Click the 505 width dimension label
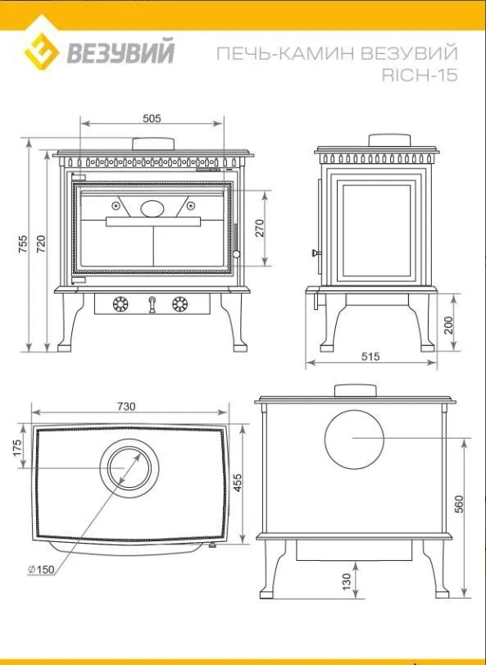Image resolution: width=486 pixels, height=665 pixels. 152,118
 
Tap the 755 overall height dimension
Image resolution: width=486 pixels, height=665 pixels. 23,244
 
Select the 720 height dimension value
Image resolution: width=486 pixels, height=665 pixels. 41,244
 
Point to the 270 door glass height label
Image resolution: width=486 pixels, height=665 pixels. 259,228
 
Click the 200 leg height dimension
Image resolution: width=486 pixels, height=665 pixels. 448,326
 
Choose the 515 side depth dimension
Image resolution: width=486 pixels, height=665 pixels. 370,357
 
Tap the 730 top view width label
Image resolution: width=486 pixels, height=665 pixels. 126,407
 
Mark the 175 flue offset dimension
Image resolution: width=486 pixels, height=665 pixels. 16,449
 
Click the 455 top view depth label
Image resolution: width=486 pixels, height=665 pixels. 238,483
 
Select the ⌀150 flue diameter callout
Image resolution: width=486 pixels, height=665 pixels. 41,570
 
